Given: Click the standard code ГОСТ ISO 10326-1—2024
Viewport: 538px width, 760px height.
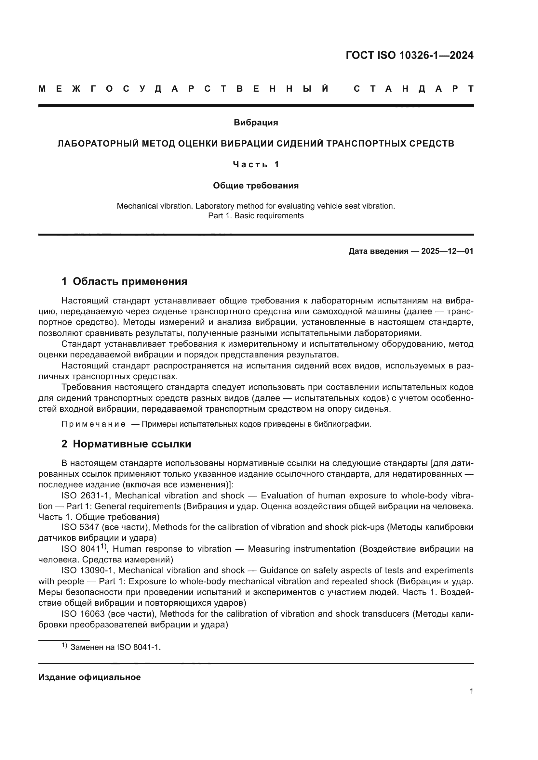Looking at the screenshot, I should [x=410, y=55].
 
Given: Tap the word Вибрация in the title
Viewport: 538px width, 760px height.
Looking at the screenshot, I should [x=256, y=122].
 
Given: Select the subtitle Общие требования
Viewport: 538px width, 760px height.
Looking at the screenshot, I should [x=256, y=186].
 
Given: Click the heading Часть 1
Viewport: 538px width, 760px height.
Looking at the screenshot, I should [x=256, y=164].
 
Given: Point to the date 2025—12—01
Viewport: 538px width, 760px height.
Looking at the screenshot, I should [x=447, y=251].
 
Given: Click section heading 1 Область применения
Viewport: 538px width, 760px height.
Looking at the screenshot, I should [x=125, y=281].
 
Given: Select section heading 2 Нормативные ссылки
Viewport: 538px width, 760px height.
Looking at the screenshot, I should [x=126, y=444].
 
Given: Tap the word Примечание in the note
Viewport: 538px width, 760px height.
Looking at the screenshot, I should [x=93, y=424].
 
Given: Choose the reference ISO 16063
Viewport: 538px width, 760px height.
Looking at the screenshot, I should [x=83, y=614].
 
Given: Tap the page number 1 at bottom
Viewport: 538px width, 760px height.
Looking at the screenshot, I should [x=471, y=691].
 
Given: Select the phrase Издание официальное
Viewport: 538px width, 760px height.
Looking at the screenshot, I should [x=89, y=677].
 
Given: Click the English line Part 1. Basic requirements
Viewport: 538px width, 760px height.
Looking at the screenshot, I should [x=256, y=216].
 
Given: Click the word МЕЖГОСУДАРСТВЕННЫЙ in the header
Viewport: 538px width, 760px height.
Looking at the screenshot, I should [x=184, y=89].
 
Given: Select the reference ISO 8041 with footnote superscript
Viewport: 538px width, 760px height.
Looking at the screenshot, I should [x=84, y=549].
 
